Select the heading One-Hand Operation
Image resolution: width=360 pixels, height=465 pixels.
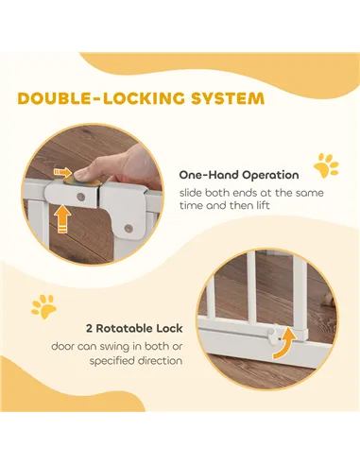(239, 175)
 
